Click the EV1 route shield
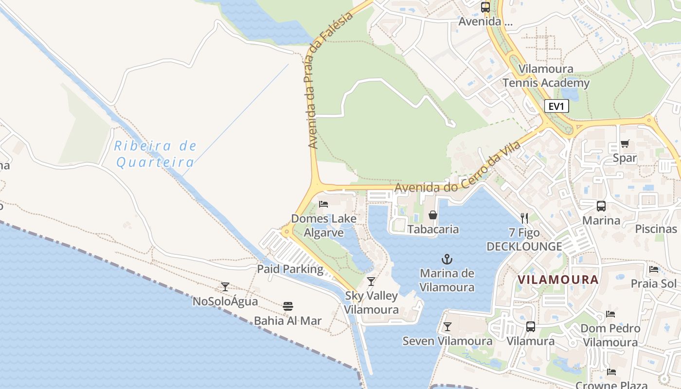[556, 106]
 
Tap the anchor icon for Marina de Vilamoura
[447, 259]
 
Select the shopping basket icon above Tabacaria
[432, 214]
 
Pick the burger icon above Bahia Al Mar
[288, 306]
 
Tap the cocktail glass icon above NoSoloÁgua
[225, 287]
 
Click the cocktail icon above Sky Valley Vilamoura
[371, 281]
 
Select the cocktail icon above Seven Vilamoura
[447, 327]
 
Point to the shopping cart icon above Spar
[625, 143]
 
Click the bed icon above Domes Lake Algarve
[323, 204]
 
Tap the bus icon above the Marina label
[601, 206]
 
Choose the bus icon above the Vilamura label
[530, 327]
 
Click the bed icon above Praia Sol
[654, 269]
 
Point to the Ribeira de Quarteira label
[156, 154]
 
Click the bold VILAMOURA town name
[557, 280]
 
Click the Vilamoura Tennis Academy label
[546, 76]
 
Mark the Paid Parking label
[290, 269]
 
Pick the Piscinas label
[656, 229]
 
